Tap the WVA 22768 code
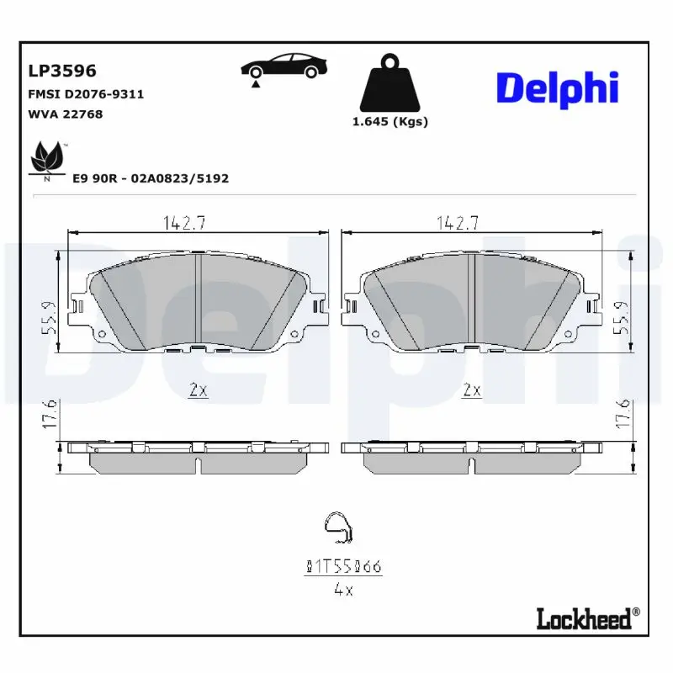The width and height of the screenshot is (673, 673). coord(66,114)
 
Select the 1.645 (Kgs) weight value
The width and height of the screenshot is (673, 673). coord(389,121)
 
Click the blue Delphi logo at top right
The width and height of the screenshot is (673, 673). coord(556,89)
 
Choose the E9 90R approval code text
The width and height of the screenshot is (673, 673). coord(151,178)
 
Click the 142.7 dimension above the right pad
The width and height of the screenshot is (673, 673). coord(458,223)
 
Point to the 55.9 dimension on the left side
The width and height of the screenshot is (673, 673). coord(50,319)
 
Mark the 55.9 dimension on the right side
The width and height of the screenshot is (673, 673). coord(623,319)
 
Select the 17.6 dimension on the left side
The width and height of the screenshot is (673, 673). coord(50,414)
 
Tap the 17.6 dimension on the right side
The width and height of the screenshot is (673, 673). coord(623,414)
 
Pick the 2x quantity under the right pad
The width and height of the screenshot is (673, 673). coord(472,389)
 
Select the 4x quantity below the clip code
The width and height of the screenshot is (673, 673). coord(342,590)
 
